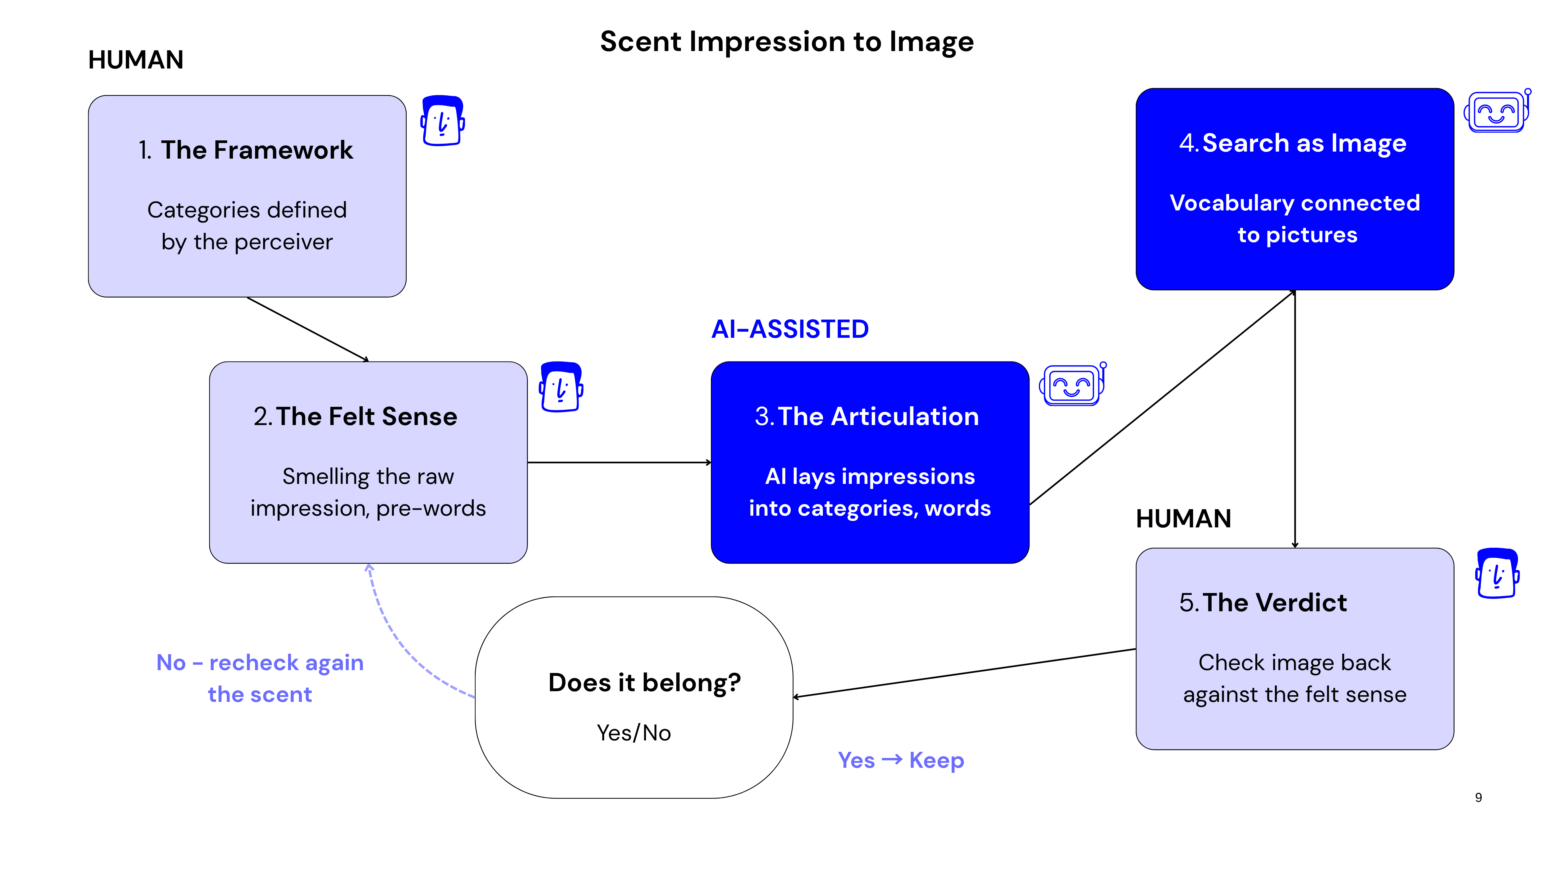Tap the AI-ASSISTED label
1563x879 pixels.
(x=790, y=329)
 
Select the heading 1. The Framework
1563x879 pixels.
(x=246, y=150)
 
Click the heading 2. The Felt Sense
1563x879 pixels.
(x=356, y=417)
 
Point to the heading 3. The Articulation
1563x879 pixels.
(x=867, y=417)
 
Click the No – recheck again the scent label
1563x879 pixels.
(x=260, y=678)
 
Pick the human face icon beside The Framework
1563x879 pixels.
(x=443, y=121)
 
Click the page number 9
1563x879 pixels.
(x=1479, y=798)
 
